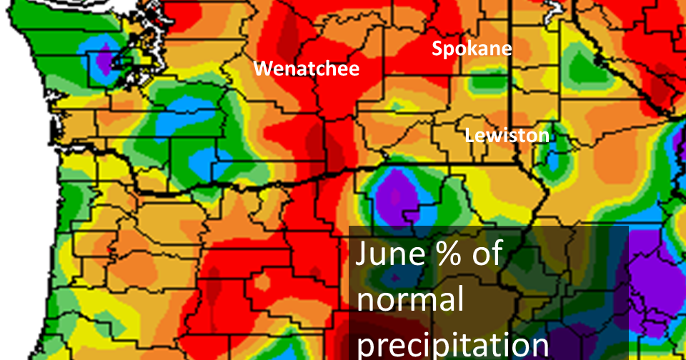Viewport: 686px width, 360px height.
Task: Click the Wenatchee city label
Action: [x=307, y=69]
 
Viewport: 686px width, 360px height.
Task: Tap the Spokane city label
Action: [x=472, y=49]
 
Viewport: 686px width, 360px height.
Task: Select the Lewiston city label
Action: [x=507, y=135]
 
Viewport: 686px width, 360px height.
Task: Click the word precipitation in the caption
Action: [x=452, y=343]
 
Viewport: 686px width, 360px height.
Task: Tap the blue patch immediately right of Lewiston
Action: [x=552, y=161]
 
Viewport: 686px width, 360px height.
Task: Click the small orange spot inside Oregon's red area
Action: [x=261, y=284]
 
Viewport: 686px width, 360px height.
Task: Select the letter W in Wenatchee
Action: [x=264, y=69]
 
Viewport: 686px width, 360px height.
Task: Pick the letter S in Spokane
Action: [x=437, y=49]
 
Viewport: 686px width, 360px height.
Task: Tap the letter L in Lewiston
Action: [x=469, y=135]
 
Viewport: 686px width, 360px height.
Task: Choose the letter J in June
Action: [x=363, y=255]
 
